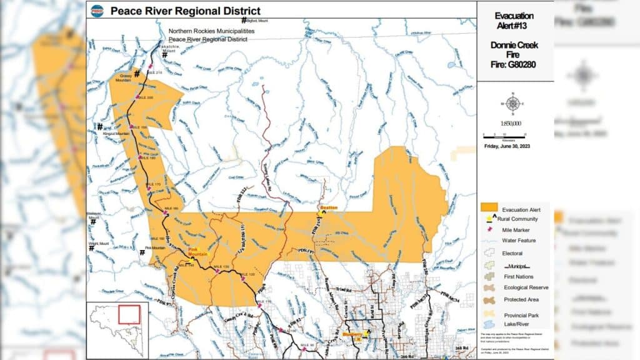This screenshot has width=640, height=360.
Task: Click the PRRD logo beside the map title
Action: click(97, 10)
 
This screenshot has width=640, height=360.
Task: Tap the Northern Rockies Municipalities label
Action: click(207, 31)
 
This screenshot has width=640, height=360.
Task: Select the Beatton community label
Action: click(328, 207)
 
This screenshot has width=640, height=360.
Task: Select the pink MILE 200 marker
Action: click(137, 96)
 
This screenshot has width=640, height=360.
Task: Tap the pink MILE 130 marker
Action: click(217, 271)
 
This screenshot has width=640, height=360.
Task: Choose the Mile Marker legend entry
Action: click(516, 229)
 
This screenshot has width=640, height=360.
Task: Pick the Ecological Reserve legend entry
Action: click(525, 287)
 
